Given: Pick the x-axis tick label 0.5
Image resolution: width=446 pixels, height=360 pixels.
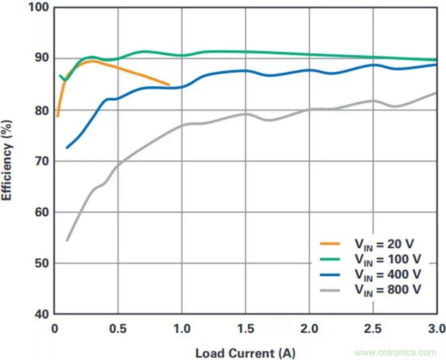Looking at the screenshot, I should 117,329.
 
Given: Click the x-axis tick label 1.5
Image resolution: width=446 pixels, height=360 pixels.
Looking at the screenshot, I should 245,329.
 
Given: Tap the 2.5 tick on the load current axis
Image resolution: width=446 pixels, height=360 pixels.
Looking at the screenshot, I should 373,329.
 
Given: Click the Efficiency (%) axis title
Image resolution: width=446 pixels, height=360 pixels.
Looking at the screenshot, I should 7,161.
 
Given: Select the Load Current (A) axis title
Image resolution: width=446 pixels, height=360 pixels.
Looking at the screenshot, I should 245,353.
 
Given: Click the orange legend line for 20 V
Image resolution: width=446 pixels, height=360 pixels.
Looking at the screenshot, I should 330,244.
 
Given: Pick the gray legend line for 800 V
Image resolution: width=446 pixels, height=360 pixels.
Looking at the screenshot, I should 330,290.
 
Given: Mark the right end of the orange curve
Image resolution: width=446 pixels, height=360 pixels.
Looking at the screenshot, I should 168,85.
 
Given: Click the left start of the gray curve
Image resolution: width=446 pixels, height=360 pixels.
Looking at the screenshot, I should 67,240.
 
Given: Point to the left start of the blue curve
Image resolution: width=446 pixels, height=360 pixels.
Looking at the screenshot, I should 67,147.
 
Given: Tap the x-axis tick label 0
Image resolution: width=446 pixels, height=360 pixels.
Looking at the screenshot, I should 55,329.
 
